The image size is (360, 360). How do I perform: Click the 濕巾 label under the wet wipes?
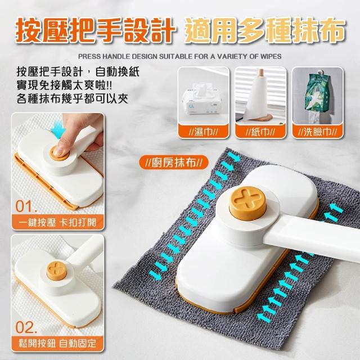pos(204,132)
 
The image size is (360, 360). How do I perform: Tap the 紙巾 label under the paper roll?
pos(260,132)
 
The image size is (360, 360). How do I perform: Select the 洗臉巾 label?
pos(317,132)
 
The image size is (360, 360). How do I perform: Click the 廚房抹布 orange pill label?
pos(174,163)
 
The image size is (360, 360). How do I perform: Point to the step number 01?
pos(26,206)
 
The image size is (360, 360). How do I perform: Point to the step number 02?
pos(26,327)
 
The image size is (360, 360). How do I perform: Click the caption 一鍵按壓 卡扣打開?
pos(57,222)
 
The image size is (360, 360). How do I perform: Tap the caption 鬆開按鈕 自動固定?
pos(57,344)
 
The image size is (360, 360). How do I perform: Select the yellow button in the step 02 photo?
pos(56,271)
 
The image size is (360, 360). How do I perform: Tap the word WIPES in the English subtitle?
pos(272,56)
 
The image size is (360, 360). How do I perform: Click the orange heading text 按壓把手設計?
pos(94,31)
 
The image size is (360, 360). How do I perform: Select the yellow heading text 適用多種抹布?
pos(264,31)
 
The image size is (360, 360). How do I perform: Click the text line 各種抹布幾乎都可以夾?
pos(73,99)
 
